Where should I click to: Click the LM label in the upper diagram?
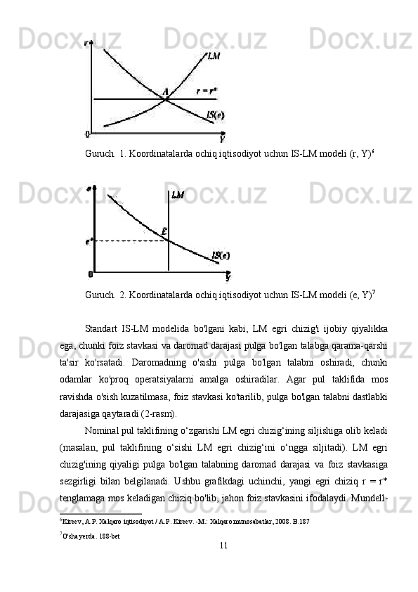tap(214, 54)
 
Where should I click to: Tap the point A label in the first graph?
tap(166, 91)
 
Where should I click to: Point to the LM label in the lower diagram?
tap(178, 195)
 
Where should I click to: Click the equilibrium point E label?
tap(164, 231)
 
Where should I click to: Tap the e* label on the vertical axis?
tap(89, 241)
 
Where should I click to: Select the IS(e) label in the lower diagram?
tap(221, 256)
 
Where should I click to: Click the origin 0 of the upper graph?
tap(87, 133)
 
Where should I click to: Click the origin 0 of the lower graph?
tap(90, 274)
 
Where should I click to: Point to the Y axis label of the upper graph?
tap(222, 139)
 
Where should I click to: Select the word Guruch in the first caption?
tap(100, 153)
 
